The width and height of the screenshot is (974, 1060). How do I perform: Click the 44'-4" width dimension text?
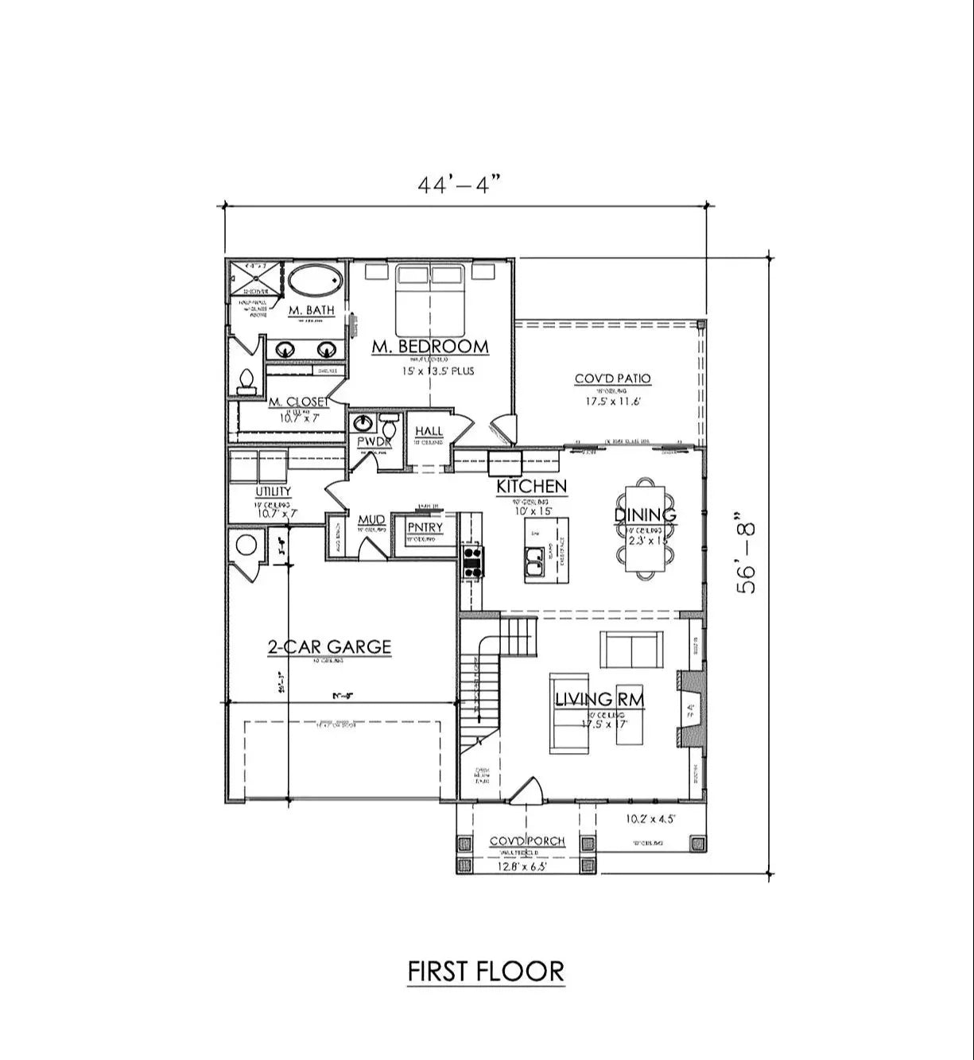point(460,184)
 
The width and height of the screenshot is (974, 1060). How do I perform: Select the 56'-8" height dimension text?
point(747,557)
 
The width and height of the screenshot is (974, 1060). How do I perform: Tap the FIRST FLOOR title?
point(486,971)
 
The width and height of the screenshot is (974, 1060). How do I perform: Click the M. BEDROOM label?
point(430,347)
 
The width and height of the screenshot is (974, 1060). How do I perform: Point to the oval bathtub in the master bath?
point(316,282)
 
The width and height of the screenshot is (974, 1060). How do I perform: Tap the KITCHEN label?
point(531,486)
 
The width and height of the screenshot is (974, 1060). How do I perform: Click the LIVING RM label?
point(599,700)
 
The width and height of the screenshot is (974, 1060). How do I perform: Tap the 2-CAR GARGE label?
point(329,646)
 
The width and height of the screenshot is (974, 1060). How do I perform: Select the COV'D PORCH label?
point(526,841)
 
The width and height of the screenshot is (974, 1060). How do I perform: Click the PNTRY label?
point(425,528)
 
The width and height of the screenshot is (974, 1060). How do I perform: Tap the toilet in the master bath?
point(246,382)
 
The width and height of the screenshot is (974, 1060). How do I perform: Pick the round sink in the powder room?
point(363,422)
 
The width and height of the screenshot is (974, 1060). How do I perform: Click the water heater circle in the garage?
point(245,546)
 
